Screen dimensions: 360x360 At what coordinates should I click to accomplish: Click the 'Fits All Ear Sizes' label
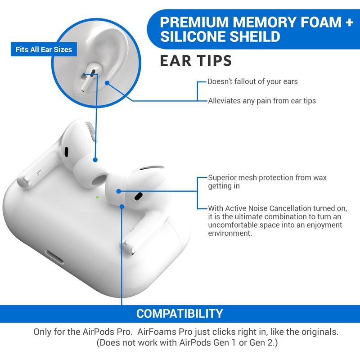click(x=44, y=49)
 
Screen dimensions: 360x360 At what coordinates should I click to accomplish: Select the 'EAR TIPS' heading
click(x=196, y=60)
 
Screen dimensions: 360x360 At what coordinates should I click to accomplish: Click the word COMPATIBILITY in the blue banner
click(x=180, y=313)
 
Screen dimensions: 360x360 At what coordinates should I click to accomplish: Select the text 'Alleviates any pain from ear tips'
click(x=261, y=101)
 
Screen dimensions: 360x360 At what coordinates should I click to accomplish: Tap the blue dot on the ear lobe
click(x=107, y=82)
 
